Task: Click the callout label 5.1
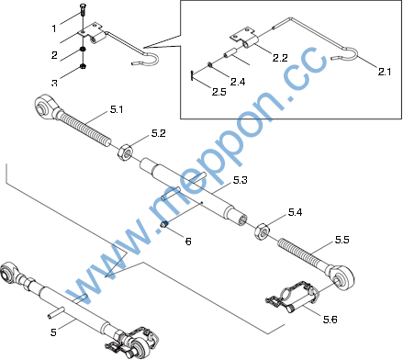point(117,109)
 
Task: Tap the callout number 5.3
point(240,180)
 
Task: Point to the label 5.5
point(341,240)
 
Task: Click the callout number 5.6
point(330,320)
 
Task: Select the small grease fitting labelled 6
point(164,224)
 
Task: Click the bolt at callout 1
point(83,11)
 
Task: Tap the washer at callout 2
point(82,49)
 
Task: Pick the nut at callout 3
point(83,66)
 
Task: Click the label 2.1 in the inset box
point(385,72)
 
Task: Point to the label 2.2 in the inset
point(280,58)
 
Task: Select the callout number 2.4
point(238,82)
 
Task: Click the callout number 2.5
point(219,92)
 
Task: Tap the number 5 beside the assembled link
point(53,332)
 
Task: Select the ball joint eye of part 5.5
point(342,277)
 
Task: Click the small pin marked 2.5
point(191,75)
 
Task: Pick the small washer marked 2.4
point(209,64)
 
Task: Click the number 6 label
point(188,242)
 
